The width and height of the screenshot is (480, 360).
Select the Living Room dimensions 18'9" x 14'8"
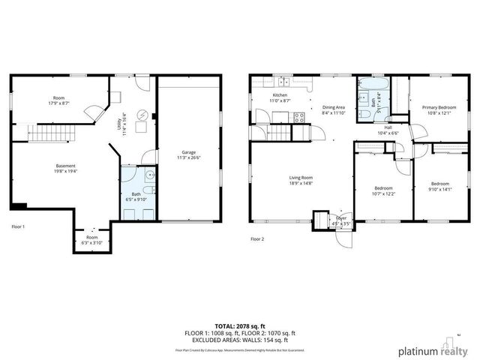pyautogui.click(x=301, y=183)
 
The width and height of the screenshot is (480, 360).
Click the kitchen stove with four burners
pyautogui.click(x=299, y=117)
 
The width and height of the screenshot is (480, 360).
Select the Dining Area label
pyautogui.click(x=334, y=107)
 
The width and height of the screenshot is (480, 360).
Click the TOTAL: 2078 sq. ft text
pyautogui.click(x=240, y=326)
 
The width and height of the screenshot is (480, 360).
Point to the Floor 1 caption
pyautogui.click(x=19, y=226)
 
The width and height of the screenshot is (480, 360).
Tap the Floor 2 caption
pyautogui.click(x=257, y=239)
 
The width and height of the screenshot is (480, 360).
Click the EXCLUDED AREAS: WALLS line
pyautogui.click(x=240, y=340)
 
